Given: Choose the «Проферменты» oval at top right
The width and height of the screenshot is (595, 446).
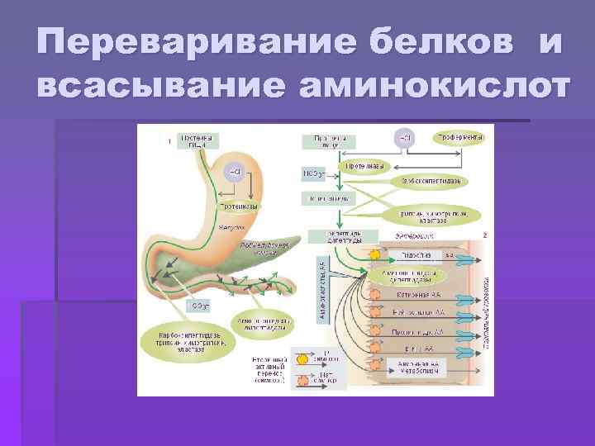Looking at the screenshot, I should [460, 137].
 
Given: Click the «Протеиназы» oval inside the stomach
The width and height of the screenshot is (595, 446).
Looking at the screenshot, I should [240, 206].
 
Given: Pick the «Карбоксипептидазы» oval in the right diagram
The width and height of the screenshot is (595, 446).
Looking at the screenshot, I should [431, 180].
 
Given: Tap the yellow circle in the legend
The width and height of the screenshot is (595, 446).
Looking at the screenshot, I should [302, 360].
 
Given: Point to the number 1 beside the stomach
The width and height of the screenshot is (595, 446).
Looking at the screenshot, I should [169, 141].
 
